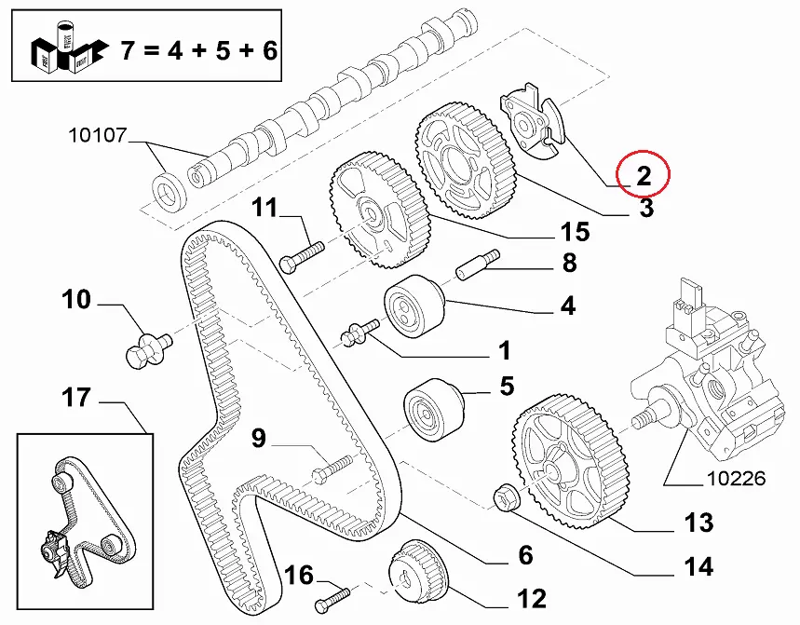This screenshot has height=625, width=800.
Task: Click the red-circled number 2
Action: [x=644, y=172]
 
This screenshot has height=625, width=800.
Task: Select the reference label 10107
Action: [x=97, y=136]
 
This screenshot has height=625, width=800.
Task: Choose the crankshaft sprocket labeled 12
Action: [x=417, y=573]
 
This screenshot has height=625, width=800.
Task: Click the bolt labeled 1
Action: [x=359, y=333]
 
